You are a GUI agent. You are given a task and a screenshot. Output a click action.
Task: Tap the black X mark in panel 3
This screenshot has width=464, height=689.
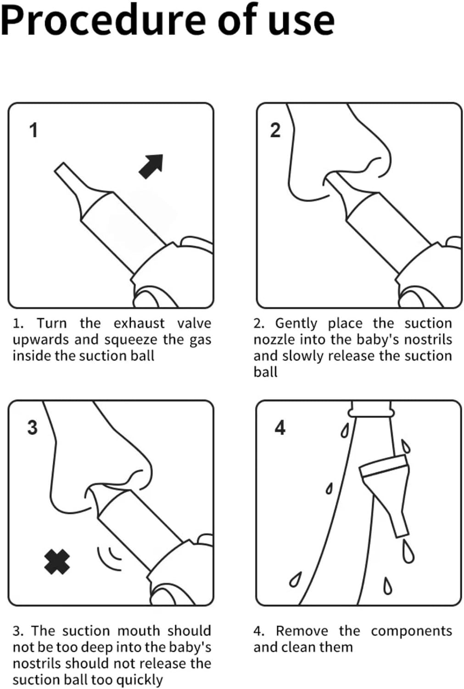coord(57,562)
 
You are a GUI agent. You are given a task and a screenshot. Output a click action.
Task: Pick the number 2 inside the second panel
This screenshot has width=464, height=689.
coord(275,130)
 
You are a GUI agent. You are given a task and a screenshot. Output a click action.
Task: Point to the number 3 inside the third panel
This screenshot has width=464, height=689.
coord(33,428)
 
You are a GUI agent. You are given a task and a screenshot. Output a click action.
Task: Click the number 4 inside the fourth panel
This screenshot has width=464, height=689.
coord(280,428)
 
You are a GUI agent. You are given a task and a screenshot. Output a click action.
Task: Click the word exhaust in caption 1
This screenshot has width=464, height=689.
coord(139,323)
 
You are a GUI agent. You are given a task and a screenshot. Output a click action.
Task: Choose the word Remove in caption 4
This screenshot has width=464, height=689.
coord(302,631)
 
